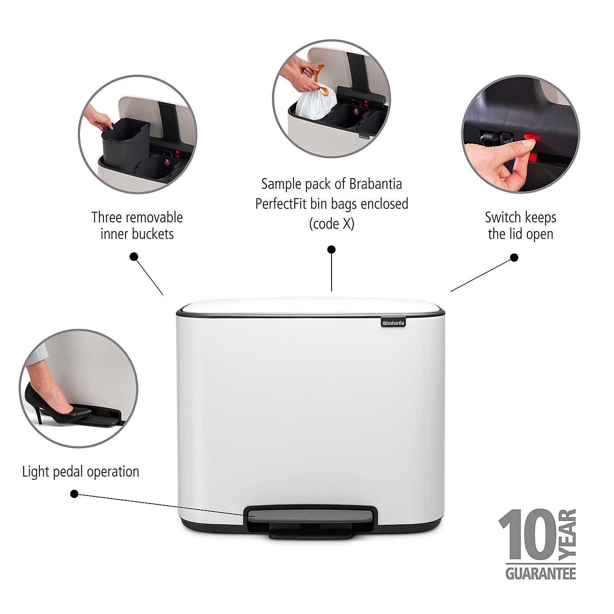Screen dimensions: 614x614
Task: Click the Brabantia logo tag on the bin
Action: (393, 323)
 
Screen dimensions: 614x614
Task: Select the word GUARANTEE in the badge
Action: (541, 573)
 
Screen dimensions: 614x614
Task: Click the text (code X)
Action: (332, 224)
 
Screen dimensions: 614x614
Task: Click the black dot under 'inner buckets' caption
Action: (134, 256)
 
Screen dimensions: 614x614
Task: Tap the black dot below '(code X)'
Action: (332, 249)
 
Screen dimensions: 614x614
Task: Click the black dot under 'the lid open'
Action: (514, 257)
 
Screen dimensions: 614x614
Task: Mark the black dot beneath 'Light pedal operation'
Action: (74, 494)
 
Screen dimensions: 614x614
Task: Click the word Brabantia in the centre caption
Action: (376, 183)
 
